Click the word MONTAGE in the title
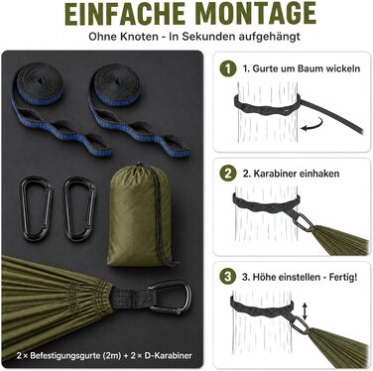click(259, 13)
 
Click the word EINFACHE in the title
click(125, 13)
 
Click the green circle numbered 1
click(228, 68)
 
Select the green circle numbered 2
click(228, 173)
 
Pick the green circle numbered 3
click(228, 277)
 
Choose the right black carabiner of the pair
click(80, 208)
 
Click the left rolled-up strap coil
click(39, 83)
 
